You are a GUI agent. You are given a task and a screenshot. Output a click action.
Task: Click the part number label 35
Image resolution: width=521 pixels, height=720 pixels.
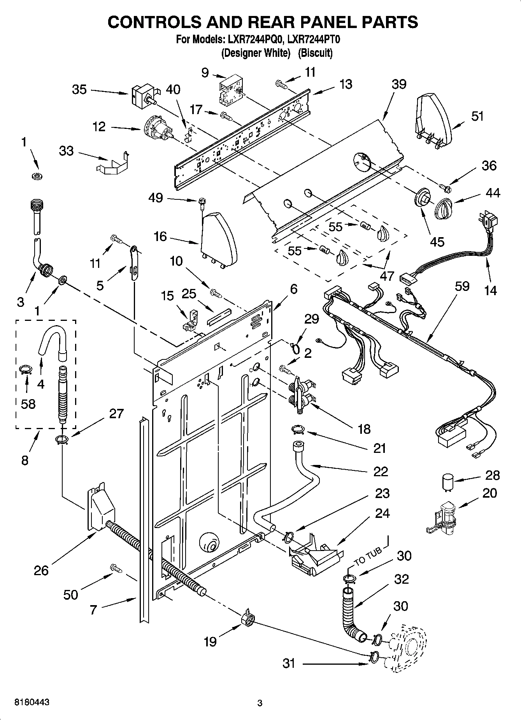point(79,90)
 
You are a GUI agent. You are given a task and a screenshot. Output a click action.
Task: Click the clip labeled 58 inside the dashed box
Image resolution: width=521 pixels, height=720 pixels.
point(25,369)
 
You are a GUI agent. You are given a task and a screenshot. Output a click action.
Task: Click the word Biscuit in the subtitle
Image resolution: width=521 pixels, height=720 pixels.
point(315,53)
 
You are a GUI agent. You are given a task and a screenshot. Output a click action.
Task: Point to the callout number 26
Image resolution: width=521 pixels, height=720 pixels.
point(41,571)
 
